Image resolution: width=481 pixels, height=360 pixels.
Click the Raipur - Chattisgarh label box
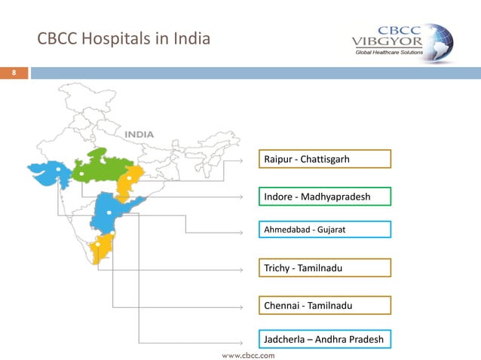tap(325, 159)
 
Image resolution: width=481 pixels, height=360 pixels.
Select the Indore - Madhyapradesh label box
tap(325, 197)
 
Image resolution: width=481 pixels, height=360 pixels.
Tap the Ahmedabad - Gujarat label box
tap(325, 228)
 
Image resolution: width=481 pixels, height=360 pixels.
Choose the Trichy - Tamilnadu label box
tap(325, 267)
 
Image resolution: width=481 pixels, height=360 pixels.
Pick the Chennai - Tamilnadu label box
tap(325, 305)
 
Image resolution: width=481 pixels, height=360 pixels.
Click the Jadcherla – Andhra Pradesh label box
tap(325, 340)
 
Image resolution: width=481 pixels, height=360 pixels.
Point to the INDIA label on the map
tap(139, 134)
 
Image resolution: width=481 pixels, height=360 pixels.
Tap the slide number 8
tap(13, 73)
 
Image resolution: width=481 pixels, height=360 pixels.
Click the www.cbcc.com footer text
tap(247, 352)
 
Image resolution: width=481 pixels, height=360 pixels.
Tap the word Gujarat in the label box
tap(331, 228)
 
